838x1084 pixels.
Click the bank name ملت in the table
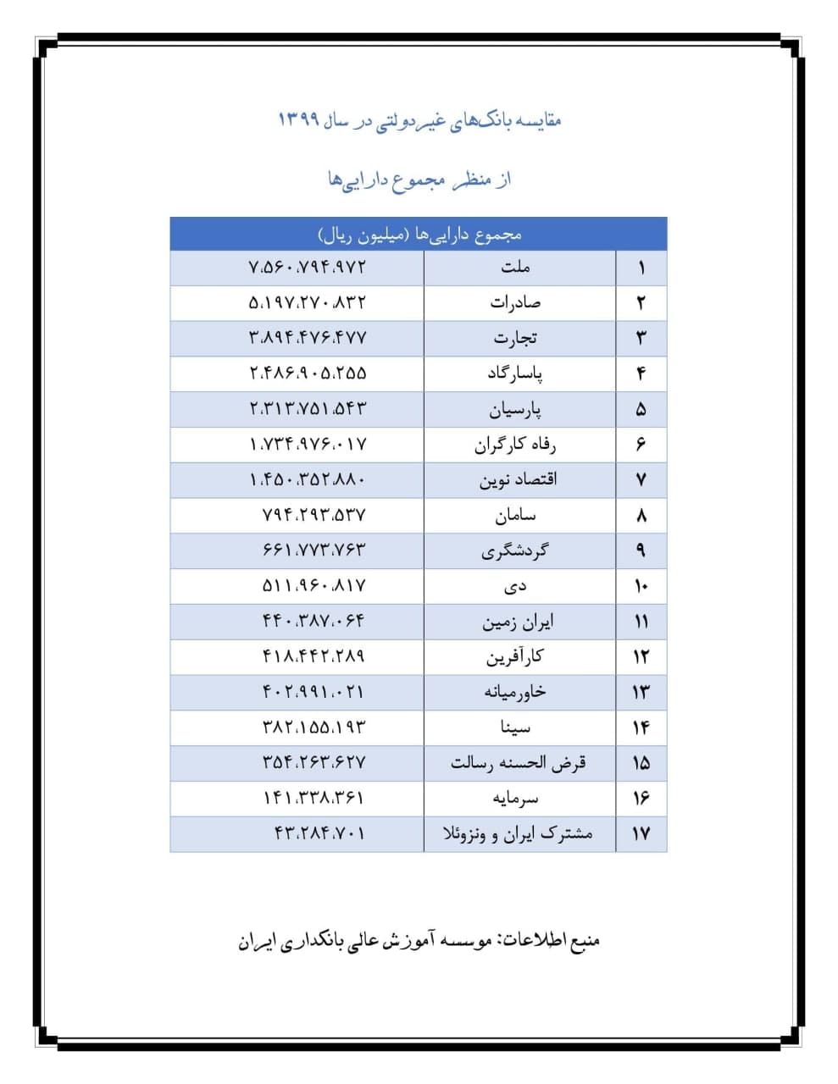pos(515,268)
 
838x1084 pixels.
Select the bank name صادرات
pos(515,302)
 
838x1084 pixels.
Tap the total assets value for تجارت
pos(308,338)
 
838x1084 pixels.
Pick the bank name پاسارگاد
pos(515,373)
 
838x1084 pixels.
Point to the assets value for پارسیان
pos(308,409)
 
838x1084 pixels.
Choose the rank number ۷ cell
pos(641,480)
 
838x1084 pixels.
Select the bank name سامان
pos(515,515)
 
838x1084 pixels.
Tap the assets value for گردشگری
pos(314,550)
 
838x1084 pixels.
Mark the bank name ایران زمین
pos(518,622)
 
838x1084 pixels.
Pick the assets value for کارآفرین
pos(314,656)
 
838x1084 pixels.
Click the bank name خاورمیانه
pos(515,692)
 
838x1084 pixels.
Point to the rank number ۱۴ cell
pos(641,728)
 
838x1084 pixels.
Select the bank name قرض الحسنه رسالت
pos(518,763)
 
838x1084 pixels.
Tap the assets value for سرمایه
pos(314,798)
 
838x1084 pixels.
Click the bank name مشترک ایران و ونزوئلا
pos(518,834)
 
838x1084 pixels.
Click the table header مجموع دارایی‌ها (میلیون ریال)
pos(419,235)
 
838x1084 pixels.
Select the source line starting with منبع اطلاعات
pos(419,941)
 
